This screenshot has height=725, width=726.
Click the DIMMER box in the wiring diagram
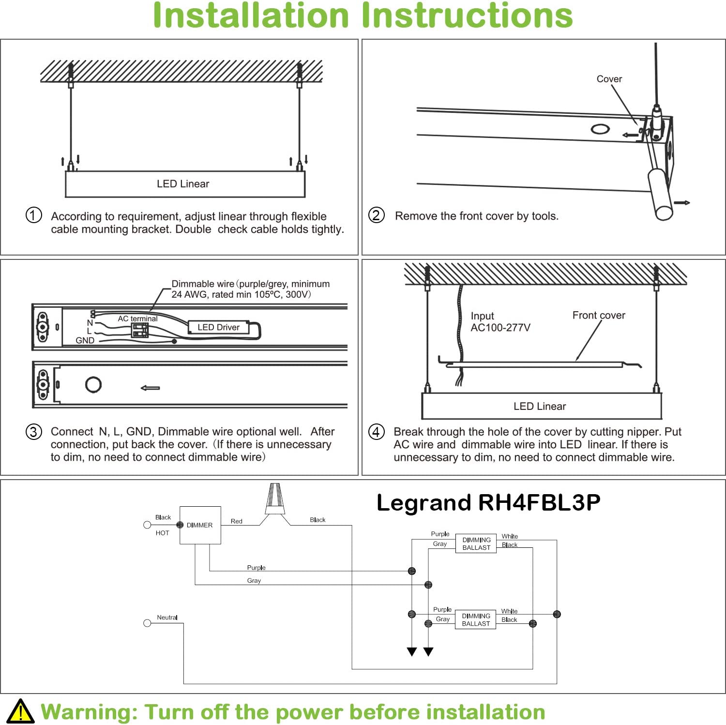pos(200,525)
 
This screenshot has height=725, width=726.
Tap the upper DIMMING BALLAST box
pos(476,544)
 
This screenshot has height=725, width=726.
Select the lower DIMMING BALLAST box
pos(476,619)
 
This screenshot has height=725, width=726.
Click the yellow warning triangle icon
pos(20,711)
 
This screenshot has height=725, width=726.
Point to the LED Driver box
pos(218,328)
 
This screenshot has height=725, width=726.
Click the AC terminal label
pos(137,318)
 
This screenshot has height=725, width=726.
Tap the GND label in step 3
pos(85,341)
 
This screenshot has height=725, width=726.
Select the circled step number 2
pos(377,215)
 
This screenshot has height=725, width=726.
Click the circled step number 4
pos(377,432)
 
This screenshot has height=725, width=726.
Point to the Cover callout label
pos(609,79)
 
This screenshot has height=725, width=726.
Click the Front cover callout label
pos(599,316)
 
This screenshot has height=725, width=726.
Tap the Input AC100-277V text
pos(500,322)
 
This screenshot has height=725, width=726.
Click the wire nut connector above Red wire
pos(274,499)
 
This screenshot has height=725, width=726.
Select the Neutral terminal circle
pos(148,623)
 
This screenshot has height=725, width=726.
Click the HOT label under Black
pos(162,533)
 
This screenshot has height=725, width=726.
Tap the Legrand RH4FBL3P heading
pos(488,502)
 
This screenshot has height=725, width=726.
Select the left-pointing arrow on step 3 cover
pos(150,388)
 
